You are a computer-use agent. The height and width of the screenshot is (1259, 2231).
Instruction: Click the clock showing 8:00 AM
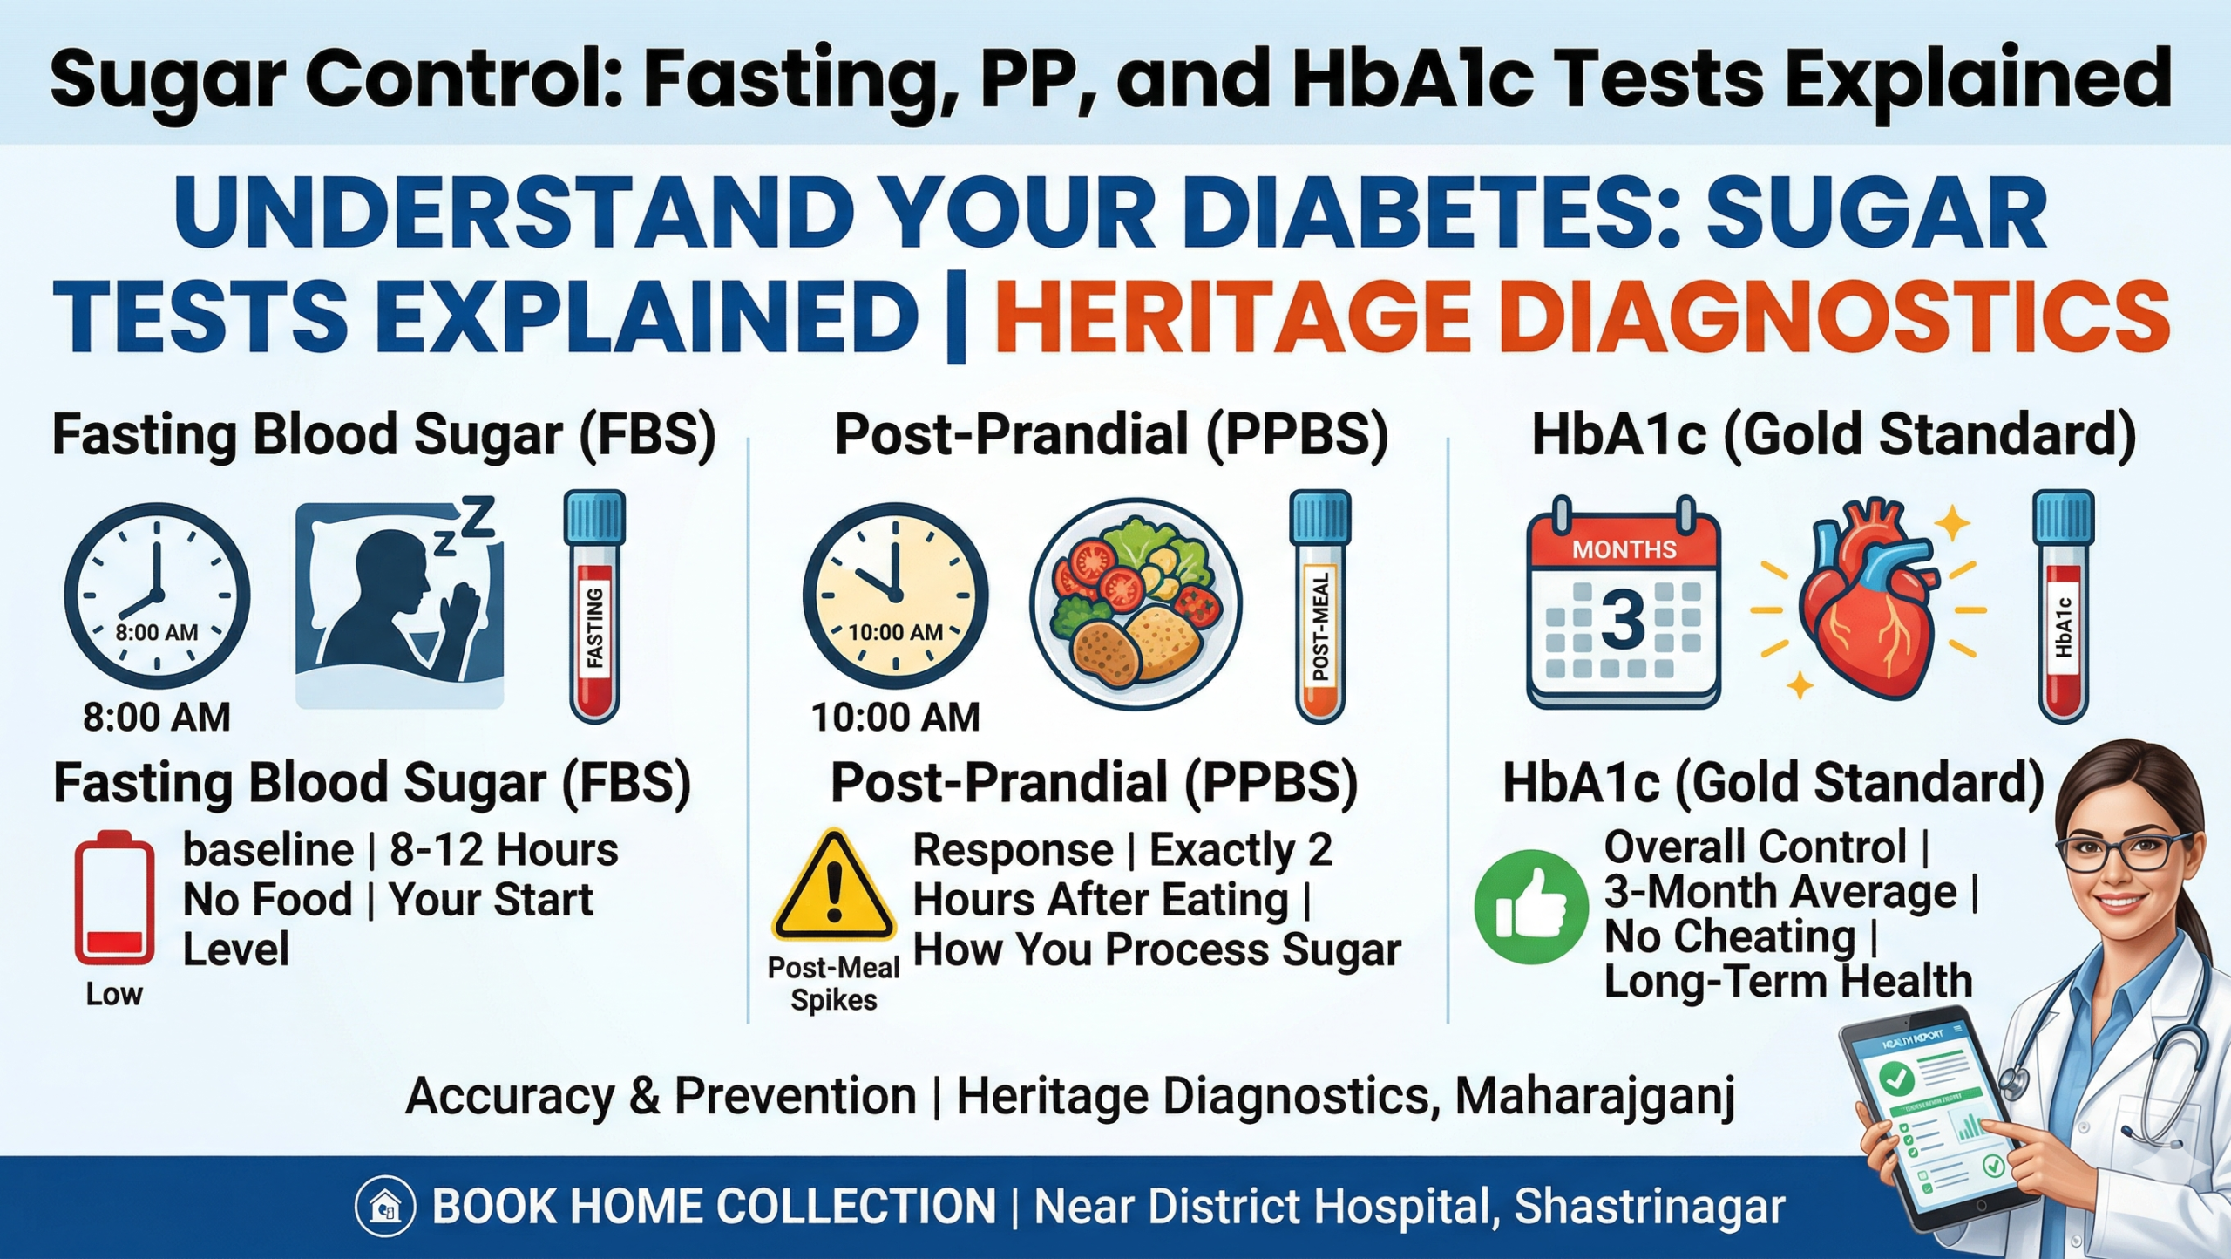157,596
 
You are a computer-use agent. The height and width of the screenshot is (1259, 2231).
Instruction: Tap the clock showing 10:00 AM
895,596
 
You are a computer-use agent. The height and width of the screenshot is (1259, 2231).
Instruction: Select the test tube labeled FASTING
595,607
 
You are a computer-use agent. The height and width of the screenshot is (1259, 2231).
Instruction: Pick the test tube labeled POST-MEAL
1320,607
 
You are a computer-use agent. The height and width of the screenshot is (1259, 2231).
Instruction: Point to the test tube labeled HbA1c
2063,607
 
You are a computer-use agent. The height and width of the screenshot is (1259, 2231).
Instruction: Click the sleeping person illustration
400,605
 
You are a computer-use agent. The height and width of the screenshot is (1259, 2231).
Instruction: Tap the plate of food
1136,605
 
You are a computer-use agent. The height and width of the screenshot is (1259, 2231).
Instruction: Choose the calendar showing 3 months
1624,603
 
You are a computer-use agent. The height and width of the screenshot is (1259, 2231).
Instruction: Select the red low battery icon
114,898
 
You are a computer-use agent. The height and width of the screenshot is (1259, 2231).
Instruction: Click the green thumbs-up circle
1530,907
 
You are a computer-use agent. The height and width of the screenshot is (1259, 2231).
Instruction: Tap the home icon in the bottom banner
384,1208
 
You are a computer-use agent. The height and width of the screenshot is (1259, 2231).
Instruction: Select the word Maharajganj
1594,1096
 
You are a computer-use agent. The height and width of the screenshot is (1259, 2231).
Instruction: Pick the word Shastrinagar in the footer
1650,1208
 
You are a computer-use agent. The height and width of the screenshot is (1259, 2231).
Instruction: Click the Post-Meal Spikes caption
833,983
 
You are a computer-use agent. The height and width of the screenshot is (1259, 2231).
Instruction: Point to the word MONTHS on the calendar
1624,549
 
